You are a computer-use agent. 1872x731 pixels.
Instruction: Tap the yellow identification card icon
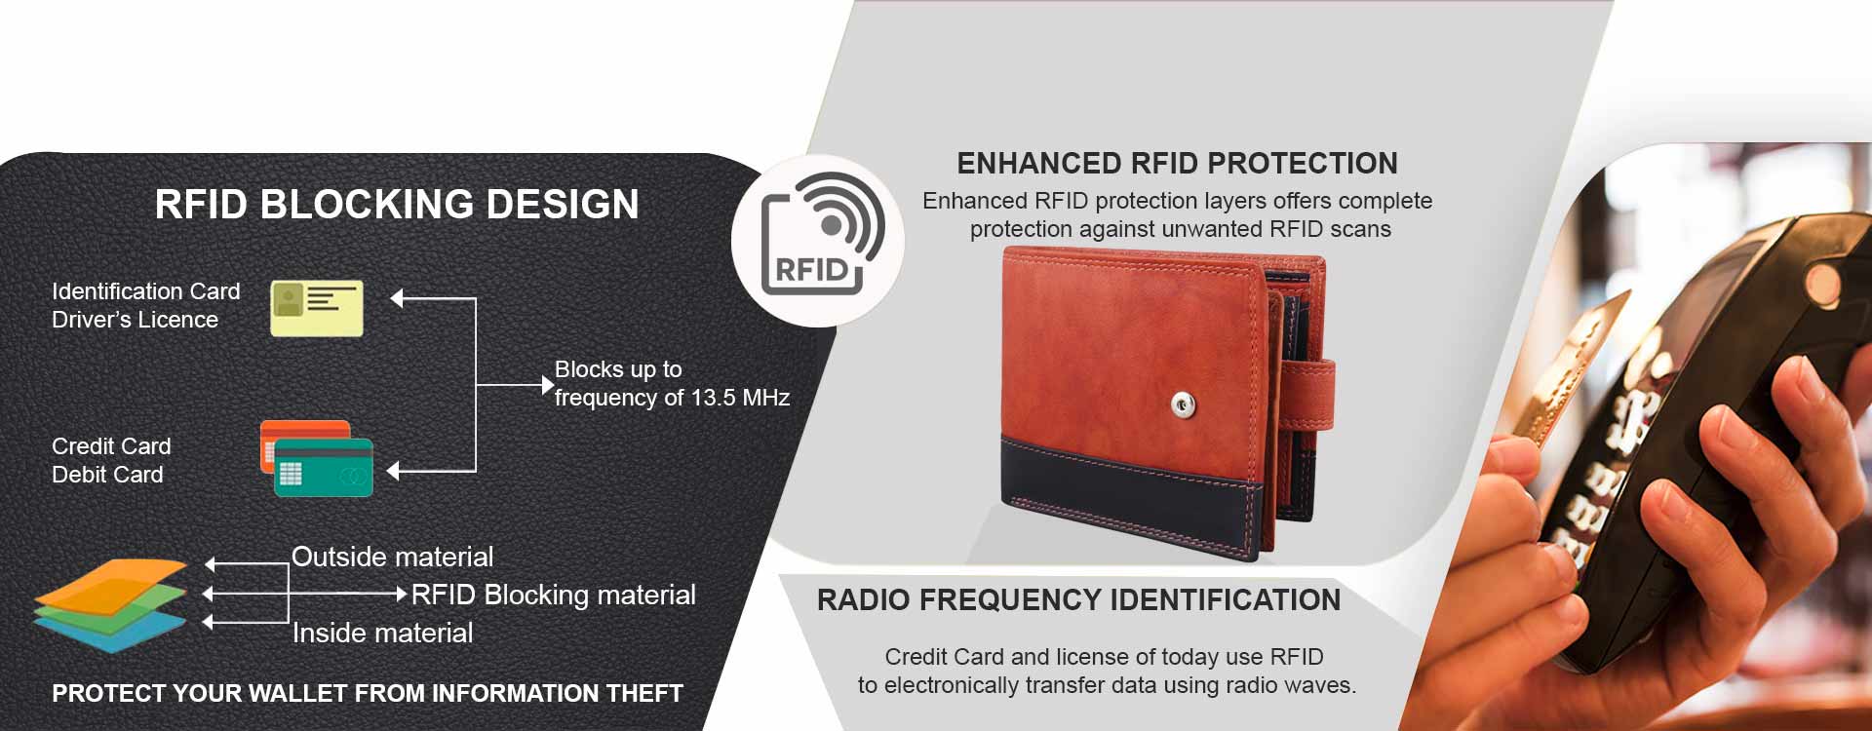tap(317, 308)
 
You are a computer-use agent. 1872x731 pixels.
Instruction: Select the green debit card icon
tap(324, 468)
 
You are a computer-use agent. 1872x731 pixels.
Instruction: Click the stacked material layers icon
tap(109, 605)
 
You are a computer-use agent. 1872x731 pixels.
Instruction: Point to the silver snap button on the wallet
tap(1184, 404)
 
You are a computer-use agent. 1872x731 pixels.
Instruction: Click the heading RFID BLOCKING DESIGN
tap(397, 205)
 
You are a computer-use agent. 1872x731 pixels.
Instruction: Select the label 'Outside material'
tap(392, 557)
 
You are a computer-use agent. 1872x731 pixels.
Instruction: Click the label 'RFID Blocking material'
tap(554, 595)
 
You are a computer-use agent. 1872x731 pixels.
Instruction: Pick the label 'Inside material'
tap(382, 634)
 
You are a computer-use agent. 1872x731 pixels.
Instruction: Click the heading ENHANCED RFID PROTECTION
tap(1177, 163)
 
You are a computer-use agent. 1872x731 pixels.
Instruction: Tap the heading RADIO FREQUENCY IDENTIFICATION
tap(1078, 599)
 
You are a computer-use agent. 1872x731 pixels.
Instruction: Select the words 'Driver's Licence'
tap(135, 320)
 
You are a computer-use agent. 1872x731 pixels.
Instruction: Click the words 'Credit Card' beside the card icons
tap(111, 446)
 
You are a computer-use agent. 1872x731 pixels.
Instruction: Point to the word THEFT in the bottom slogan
tap(644, 693)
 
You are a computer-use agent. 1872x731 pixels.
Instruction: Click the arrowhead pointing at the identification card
tap(397, 298)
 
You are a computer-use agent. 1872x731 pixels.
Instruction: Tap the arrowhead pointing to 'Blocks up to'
tap(547, 385)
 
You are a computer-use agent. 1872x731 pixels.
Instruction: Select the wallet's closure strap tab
tap(1306, 395)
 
